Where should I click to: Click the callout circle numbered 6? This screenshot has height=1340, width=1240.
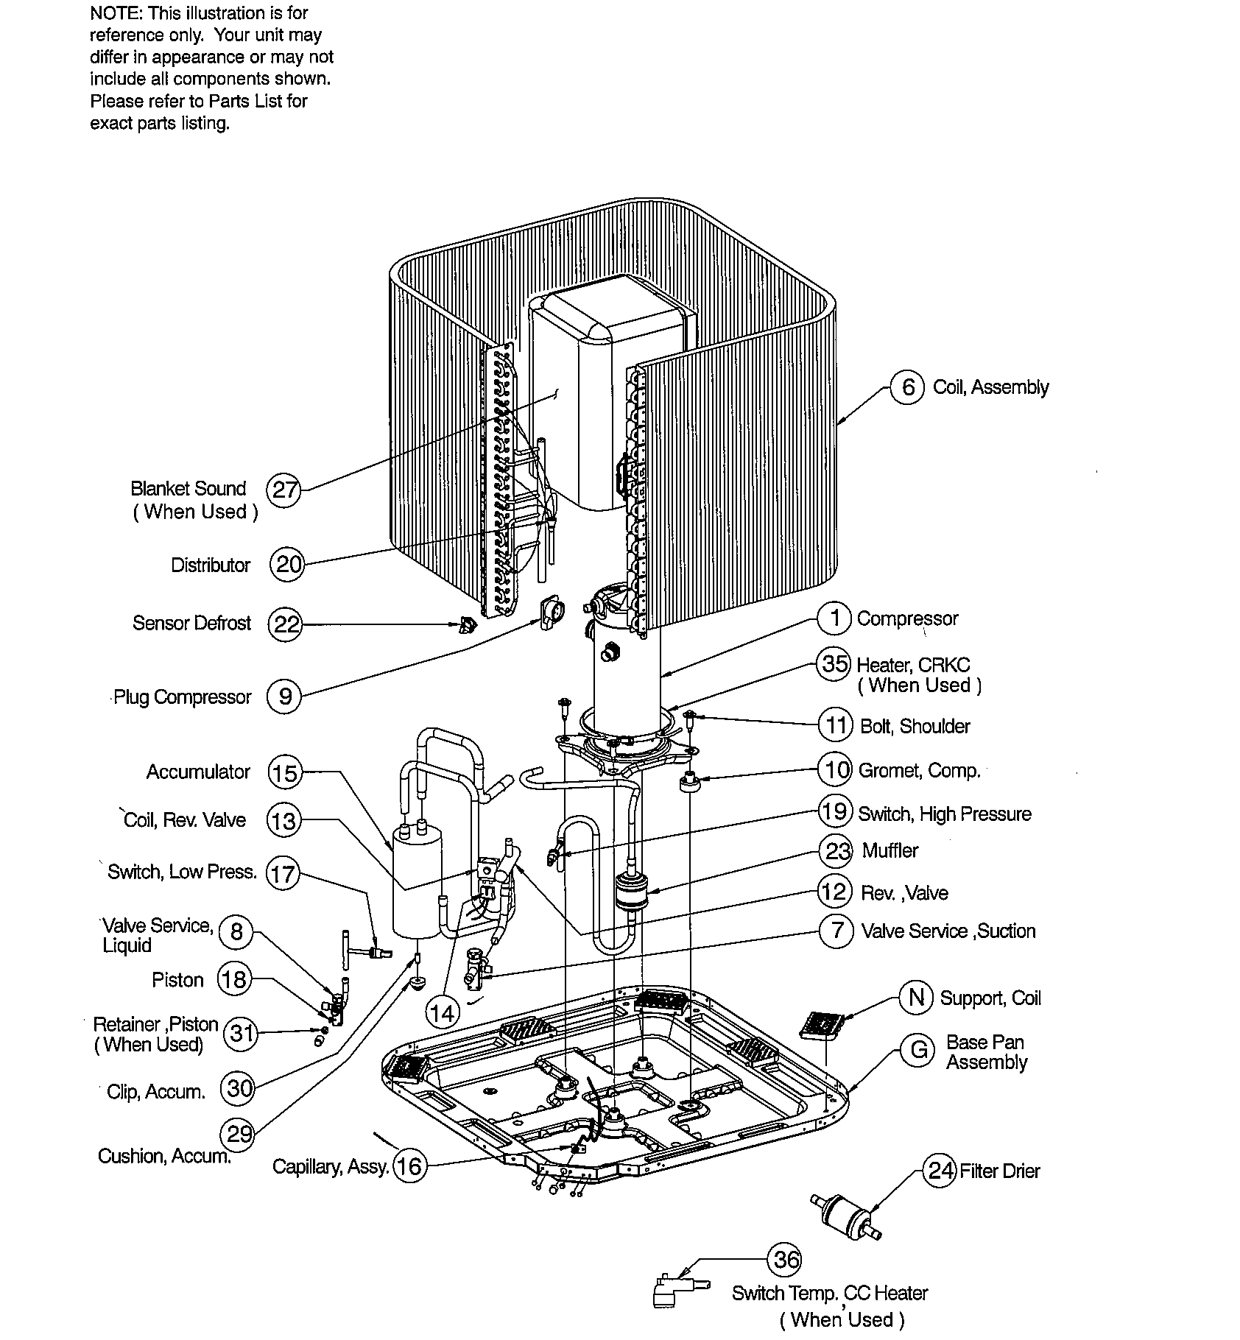(907, 387)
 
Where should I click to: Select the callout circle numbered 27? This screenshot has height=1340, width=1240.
(283, 490)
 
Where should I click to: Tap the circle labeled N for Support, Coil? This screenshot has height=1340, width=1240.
(916, 998)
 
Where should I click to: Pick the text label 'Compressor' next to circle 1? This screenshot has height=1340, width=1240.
(907, 618)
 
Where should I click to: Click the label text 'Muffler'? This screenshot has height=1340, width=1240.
(890, 851)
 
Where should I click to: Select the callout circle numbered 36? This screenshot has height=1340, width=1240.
(784, 1260)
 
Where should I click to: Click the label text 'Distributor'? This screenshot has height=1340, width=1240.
(211, 565)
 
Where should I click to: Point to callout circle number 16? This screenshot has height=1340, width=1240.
(409, 1166)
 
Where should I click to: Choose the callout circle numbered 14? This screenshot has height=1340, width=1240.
(442, 1014)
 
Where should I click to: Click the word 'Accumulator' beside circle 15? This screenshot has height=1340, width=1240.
(198, 772)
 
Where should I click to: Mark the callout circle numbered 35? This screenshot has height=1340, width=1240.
(834, 664)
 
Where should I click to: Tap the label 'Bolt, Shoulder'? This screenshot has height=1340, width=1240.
(915, 727)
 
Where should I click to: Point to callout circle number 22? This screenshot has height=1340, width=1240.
(285, 624)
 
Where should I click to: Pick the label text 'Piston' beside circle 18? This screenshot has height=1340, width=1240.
(177, 981)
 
